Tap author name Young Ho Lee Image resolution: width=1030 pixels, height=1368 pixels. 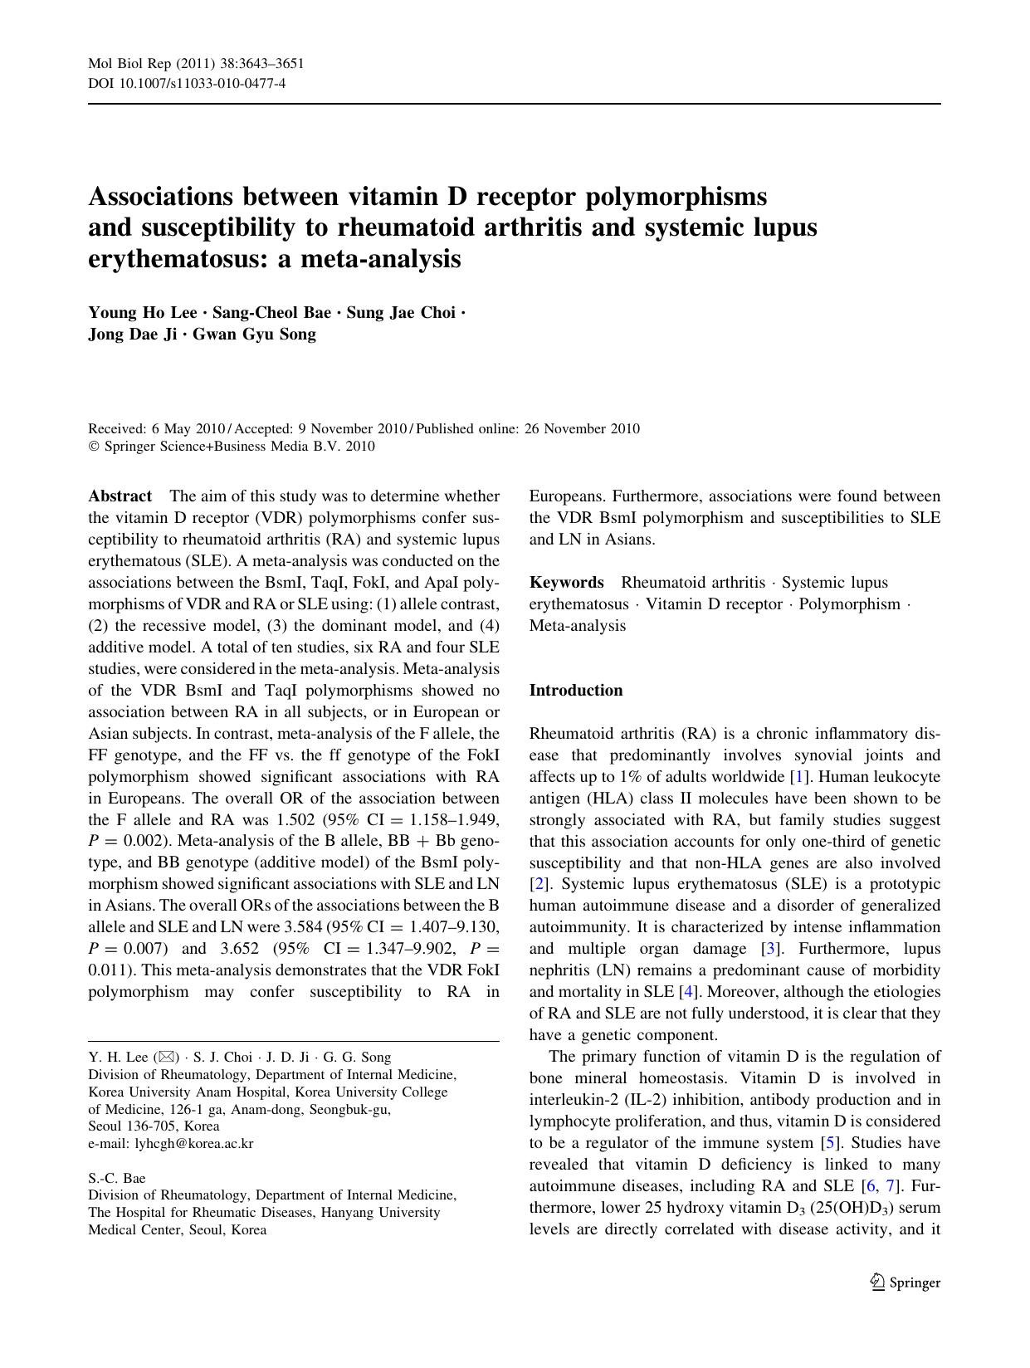pos(142,313)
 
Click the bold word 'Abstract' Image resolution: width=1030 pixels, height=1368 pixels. pos(120,496)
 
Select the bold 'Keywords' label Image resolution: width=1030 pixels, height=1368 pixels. pos(566,582)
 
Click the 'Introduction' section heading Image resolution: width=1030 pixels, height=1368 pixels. pos(576,690)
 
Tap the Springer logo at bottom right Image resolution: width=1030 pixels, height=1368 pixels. pos(906,1282)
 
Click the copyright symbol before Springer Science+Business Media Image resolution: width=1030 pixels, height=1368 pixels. pos(93,447)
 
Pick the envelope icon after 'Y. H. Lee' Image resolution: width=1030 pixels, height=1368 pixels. pos(166,1058)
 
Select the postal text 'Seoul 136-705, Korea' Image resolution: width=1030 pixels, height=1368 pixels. pos(154,1126)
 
